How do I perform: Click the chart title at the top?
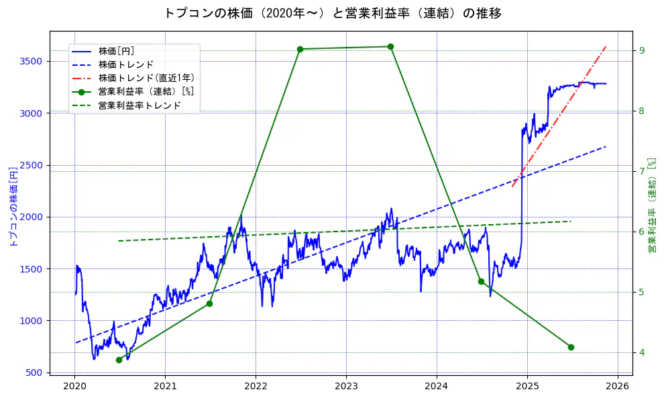[333, 13]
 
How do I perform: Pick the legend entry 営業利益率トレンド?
[139, 105]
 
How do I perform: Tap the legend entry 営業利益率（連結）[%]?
[146, 91]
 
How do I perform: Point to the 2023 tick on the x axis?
[346, 386]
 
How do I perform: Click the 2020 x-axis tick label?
[74, 386]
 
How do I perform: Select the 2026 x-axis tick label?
[618, 386]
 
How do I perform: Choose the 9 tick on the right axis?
[641, 50]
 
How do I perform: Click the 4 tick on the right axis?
[641, 352]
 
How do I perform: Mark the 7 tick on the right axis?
[641, 171]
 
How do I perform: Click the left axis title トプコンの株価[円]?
[11, 205]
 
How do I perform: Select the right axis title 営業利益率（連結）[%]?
[652, 205]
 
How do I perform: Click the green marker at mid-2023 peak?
[390, 46]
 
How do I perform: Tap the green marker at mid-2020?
[119, 360]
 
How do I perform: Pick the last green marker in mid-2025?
[571, 347]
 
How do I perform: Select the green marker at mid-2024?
[481, 281]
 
